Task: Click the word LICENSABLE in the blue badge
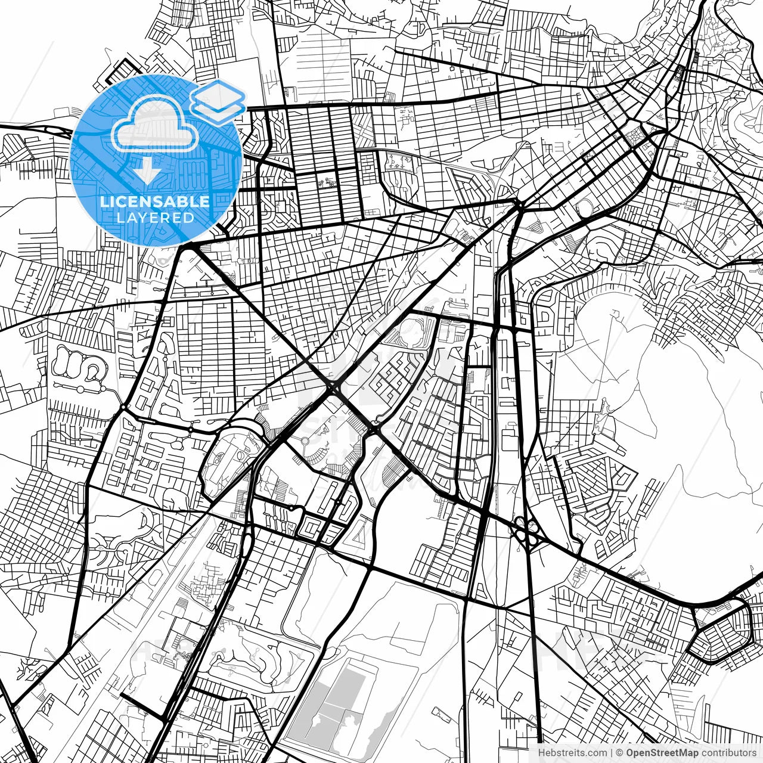155,201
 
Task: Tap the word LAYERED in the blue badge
155,218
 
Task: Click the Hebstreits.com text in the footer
572,752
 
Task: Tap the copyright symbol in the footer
619,752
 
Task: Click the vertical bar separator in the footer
612,752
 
